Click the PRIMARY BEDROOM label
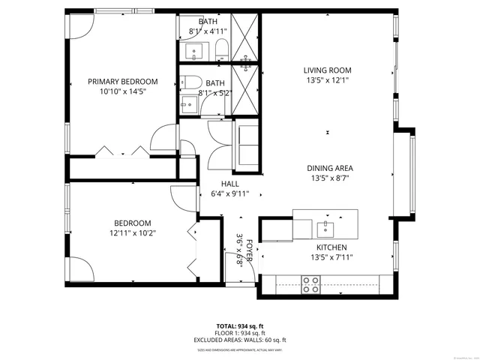click(x=123, y=82)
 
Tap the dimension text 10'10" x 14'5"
click(x=123, y=91)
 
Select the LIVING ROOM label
click(x=328, y=70)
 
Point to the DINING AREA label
click(x=329, y=168)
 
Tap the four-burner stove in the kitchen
click(x=310, y=283)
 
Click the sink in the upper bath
click(x=194, y=52)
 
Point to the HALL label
click(x=229, y=184)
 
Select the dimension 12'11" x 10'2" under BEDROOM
click(x=133, y=232)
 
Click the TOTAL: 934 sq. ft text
click(x=240, y=325)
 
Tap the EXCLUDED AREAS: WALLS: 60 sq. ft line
click(x=240, y=340)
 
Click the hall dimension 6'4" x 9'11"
click(x=229, y=194)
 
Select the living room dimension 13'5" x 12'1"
click(x=328, y=80)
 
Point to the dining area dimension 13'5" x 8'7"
click(x=329, y=178)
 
